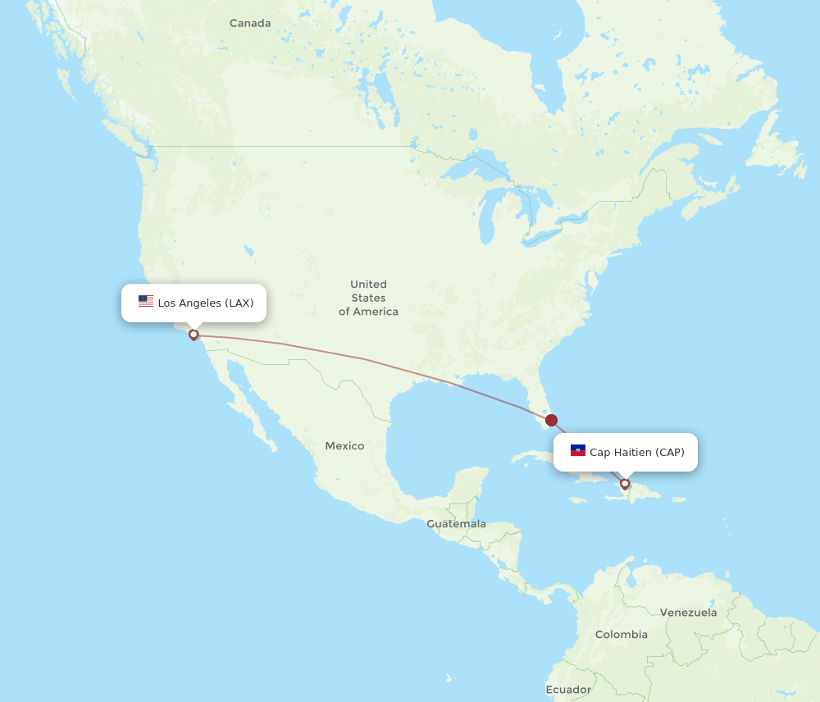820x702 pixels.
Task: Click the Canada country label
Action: click(250, 23)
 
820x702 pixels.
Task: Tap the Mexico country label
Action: click(344, 446)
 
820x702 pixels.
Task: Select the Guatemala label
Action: click(456, 524)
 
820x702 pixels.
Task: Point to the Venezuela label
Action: click(688, 613)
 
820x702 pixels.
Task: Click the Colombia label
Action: click(621, 635)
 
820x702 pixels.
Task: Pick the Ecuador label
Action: click(568, 690)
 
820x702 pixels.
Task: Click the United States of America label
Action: click(368, 298)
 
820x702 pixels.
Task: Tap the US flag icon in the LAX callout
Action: click(146, 302)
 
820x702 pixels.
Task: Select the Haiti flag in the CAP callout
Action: click(578, 451)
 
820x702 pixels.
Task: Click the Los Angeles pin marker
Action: click(194, 335)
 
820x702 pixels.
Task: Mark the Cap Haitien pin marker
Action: click(625, 484)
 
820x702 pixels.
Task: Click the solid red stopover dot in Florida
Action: click(551, 420)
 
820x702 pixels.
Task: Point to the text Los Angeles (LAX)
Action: click(206, 303)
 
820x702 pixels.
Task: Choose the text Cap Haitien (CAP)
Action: click(637, 453)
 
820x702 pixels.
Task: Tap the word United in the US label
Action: click(368, 285)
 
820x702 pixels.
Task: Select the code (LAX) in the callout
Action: click(239, 303)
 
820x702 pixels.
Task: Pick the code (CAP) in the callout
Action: click(670, 453)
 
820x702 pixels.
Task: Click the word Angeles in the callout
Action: click(201, 303)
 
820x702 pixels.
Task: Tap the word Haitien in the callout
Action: click(633, 453)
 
